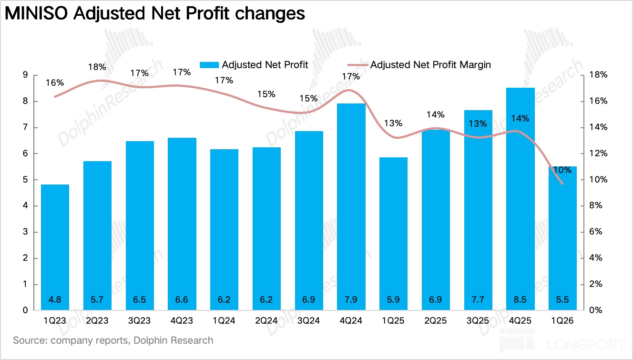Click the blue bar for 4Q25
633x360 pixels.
pos(520,199)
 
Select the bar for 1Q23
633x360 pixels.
pos(55,247)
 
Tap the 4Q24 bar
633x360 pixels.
pos(351,207)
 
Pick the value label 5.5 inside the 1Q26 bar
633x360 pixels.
pos(562,299)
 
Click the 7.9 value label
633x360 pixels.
pos(351,299)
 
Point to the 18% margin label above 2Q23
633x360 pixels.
pos(97,67)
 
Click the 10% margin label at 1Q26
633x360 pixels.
pos(562,170)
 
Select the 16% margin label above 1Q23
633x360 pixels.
pos(55,83)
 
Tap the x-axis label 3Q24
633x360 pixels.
pos(308,321)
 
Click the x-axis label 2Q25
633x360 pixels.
pos(435,321)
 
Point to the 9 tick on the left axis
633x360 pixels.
pos(25,75)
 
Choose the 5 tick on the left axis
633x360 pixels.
pos(25,180)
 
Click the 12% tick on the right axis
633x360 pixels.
pos(598,153)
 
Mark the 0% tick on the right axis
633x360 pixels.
pos(596,310)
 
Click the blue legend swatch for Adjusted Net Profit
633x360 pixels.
pos(209,65)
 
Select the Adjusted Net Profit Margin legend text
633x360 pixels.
pos(430,65)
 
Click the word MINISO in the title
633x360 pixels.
pos(36,13)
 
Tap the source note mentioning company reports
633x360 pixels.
pos(113,340)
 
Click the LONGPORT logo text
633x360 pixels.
pos(586,345)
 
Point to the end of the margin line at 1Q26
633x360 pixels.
pos(562,184)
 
